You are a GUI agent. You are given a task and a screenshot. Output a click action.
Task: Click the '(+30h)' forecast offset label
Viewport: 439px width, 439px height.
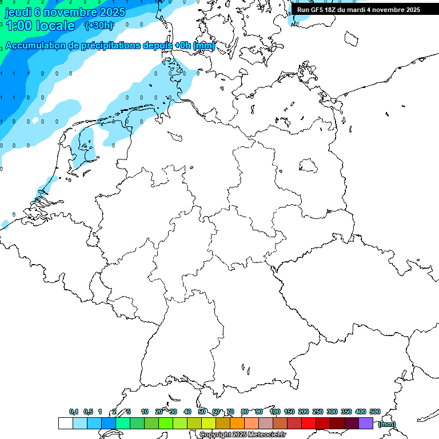pyautogui.click(x=98, y=25)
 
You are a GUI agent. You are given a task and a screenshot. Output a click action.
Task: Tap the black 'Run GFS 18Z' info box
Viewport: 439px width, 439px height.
pyautogui.click(x=358, y=9)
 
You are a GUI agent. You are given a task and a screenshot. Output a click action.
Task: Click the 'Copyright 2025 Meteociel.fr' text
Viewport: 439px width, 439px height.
pyautogui.click(x=243, y=435)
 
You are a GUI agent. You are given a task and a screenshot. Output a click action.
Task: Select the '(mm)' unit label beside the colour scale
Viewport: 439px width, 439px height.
pyautogui.click(x=386, y=424)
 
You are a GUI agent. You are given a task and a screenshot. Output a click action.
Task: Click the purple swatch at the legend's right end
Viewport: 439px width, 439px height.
pyautogui.click(x=366, y=424)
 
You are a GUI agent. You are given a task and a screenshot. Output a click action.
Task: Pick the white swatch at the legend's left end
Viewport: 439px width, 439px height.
pyautogui.click(x=65, y=424)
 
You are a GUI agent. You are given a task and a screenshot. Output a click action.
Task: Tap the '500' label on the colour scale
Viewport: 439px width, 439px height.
pyautogui.click(x=375, y=412)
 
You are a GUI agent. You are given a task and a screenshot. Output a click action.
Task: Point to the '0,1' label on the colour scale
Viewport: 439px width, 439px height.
pyautogui.click(x=74, y=412)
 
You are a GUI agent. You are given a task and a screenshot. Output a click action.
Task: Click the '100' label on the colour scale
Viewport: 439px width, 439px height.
pyautogui.click(x=275, y=412)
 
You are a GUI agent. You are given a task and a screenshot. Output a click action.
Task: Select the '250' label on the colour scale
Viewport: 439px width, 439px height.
pyautogui.click(x=318, y=412)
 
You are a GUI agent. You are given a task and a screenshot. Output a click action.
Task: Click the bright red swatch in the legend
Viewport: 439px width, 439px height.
pyautogui.click(x=308, y=424)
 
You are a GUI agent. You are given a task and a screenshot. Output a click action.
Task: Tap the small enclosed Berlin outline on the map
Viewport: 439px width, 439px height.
pyautogui.click(x=308, y=166)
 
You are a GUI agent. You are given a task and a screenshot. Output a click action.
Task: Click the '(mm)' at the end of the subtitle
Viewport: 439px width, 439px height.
pyautogui.click(x=204, y=46)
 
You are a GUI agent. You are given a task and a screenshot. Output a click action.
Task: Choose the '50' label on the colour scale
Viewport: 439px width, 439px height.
pyautogui.click(x=202, y=412)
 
